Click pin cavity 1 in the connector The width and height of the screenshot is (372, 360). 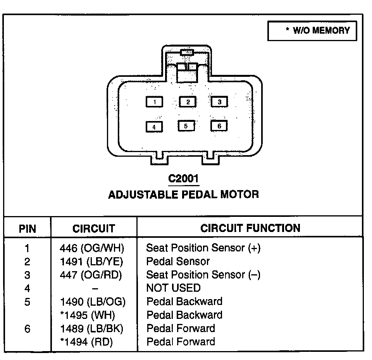(x=154, y=102)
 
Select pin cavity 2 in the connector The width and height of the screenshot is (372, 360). (x=188, y=102)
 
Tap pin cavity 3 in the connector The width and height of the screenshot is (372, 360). (x=219, y=102)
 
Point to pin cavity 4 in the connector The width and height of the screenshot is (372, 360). (x=154, y=127)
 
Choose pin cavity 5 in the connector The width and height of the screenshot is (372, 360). (x=186, y=126)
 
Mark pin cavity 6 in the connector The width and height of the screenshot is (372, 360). (x=219, y=126)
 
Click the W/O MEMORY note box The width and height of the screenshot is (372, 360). (x=312, y=31)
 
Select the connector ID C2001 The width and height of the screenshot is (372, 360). (x=184, y=179)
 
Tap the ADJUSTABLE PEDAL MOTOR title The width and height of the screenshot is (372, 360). (x=183, y=194)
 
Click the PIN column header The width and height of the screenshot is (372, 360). (x=27, y=228)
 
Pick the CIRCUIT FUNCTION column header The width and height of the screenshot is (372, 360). (x=250, y=228)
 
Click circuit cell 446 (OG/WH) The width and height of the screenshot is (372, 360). (x=92, y=248)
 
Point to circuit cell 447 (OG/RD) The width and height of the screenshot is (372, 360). (x=91, y=275)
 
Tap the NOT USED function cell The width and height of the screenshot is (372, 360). (x=173, y=288)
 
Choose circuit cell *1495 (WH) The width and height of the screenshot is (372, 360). (x=88, y=315)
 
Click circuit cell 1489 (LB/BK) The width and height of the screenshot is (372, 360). (x=91, y=329)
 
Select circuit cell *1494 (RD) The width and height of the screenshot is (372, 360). (x=87, y=342)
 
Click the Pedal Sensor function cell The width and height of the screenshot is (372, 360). (x=178, y=261)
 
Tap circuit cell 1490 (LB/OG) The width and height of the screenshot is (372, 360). (x=93, y=301)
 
